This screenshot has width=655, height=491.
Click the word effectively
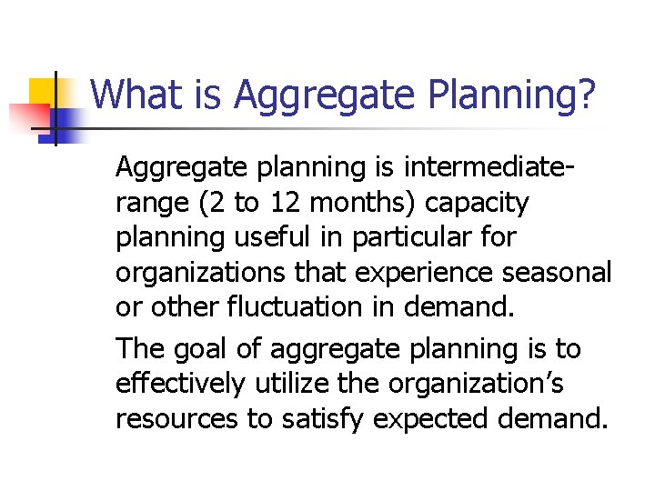coord(179,383)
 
